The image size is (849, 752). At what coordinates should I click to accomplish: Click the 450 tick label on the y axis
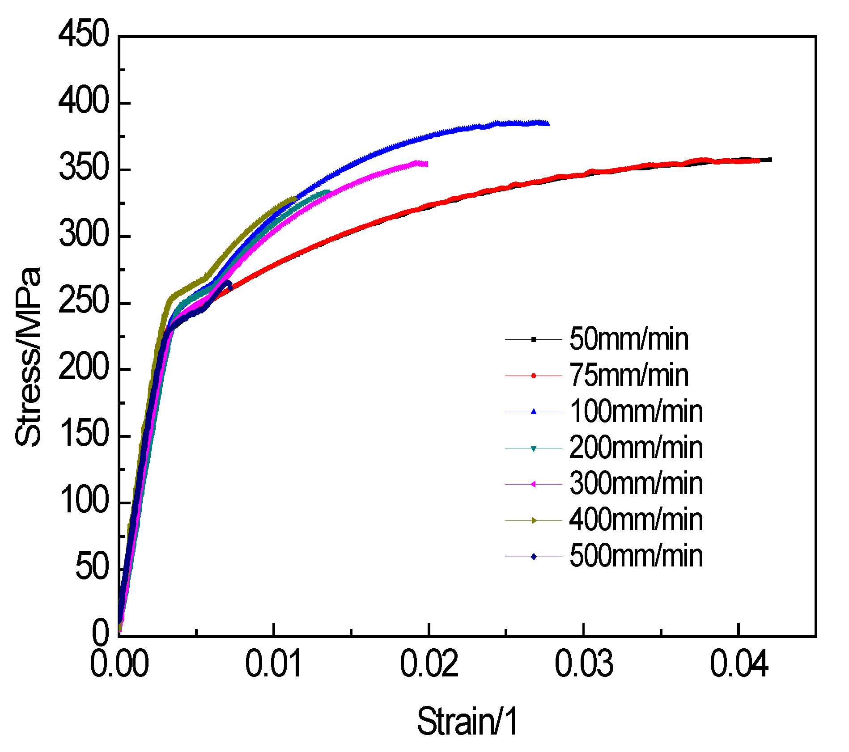[84, 34]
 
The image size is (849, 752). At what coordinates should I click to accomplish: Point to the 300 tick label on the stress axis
[84, 235]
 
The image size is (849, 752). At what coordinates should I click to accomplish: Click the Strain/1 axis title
[467, 721]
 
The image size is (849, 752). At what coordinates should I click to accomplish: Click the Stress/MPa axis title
[28, 357]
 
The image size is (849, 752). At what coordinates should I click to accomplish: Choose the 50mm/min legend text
[628, 339]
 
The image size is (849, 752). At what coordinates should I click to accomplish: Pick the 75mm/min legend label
[628, 376]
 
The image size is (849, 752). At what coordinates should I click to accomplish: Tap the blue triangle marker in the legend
[533, 411]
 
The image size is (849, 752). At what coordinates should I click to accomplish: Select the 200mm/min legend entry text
[636, 448]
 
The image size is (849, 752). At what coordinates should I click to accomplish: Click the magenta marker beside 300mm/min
[533, 484]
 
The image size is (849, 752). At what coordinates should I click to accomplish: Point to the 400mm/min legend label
[636, 520]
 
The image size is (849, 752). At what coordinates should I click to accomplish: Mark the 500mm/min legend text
[636, 556]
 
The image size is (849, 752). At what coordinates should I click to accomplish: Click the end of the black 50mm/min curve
[770, 160]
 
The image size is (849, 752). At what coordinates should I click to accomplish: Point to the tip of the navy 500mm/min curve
[229, 285]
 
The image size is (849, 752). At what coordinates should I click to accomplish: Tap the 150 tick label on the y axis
[84, 435]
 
